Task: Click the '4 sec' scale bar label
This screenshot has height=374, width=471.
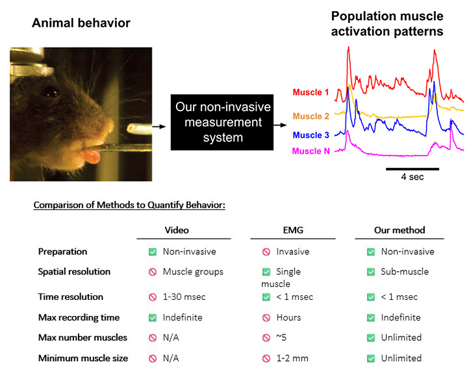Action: point(412,177)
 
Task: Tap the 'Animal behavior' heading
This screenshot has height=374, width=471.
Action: point(81,23)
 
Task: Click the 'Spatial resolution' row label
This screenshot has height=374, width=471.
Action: point(75,272)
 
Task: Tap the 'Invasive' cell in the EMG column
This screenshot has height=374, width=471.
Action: point(292,252)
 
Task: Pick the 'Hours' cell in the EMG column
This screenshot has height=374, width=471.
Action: point(288,317)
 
